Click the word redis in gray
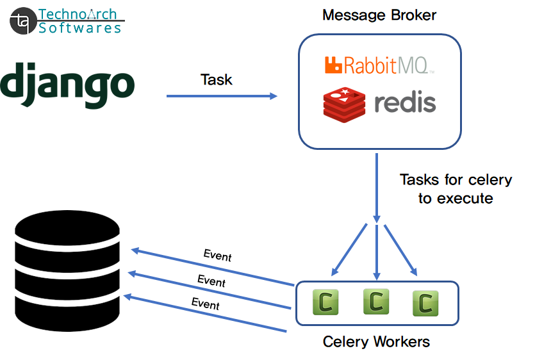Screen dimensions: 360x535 click(405, 102)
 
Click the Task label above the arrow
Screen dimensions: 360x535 click(217, 80)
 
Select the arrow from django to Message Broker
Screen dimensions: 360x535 click(222, 96)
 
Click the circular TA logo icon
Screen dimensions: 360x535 click(22, 21)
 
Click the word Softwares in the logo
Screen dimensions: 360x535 click(79, 28)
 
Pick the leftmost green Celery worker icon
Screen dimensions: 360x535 click(325, 302)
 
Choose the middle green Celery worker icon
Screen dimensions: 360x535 click(376, 301)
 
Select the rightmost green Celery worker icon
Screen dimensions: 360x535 click(425, 303)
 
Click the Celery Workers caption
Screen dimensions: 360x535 click(376, 341)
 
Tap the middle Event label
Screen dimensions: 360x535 click(211, 281)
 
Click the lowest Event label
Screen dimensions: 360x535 click(206, 303)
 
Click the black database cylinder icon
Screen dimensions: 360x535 click(67, 268)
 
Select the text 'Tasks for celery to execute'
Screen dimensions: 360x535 click(456, 189)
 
